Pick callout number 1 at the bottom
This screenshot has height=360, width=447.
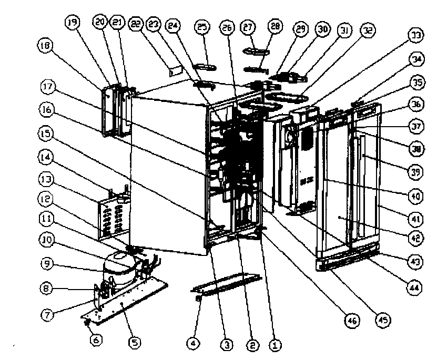pyautogui.click(x=274, y=345)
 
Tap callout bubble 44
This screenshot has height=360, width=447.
pyautogui.click(x=414, y=287)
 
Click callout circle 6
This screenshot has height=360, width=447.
pyautogui.click(x=96, y=340)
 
